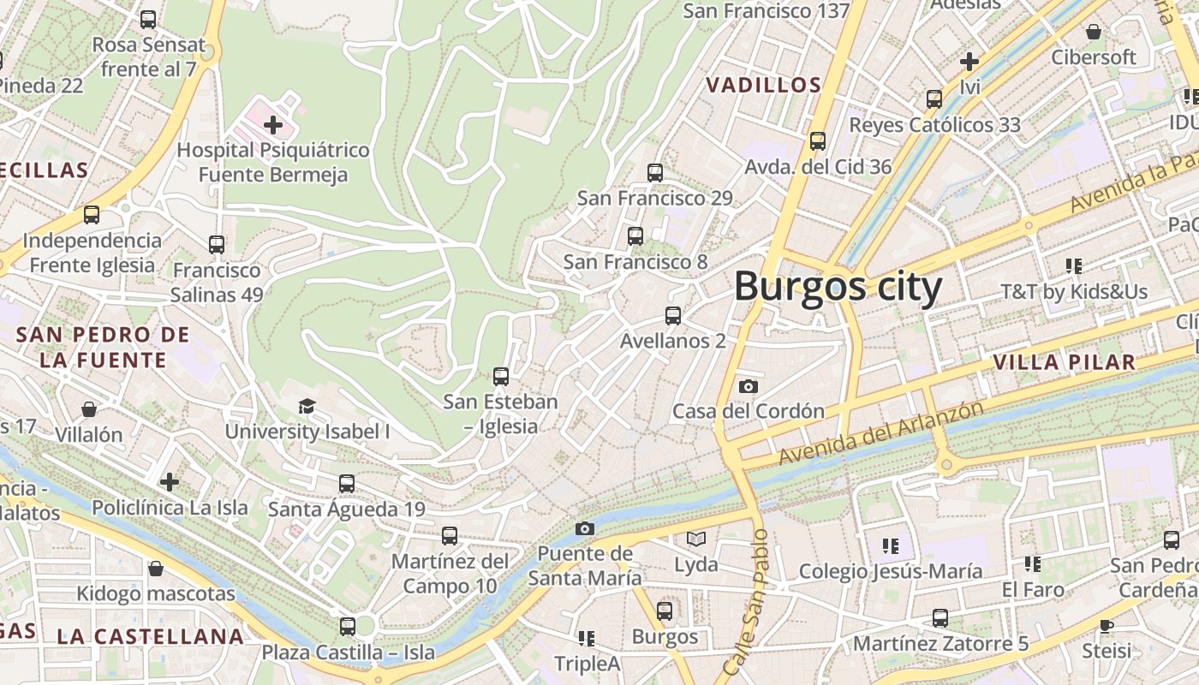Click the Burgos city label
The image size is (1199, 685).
coord(838,286)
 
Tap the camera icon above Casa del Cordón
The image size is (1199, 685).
coord(748,386)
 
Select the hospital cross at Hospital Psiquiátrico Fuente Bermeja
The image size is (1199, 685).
coord(273,126)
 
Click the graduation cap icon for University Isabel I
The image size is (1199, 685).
coord(307,406)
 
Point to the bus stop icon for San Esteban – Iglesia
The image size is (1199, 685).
coord(501,376)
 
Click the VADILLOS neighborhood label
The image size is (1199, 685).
coord(762,85)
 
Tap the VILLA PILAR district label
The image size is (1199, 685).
coord(1064,362)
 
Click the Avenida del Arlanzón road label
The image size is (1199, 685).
coord(880,433)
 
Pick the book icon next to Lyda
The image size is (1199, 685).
coord(695,539)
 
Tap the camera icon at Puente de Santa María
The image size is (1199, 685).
coord(585,528)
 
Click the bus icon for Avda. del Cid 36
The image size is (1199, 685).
coord(818,140)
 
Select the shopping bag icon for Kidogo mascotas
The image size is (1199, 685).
coord(156,569)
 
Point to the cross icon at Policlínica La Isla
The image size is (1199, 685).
coord(170,482)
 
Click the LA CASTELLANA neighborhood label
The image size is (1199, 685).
coord(151,636)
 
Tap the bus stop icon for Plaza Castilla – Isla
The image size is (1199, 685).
coord(348,626)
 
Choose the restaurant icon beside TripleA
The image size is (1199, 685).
coord(587,638)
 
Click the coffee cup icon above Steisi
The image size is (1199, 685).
coord(1106,625)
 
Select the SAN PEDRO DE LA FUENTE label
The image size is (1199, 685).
coord(103,347)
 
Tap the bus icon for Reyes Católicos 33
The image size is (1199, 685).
coord(934,99)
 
